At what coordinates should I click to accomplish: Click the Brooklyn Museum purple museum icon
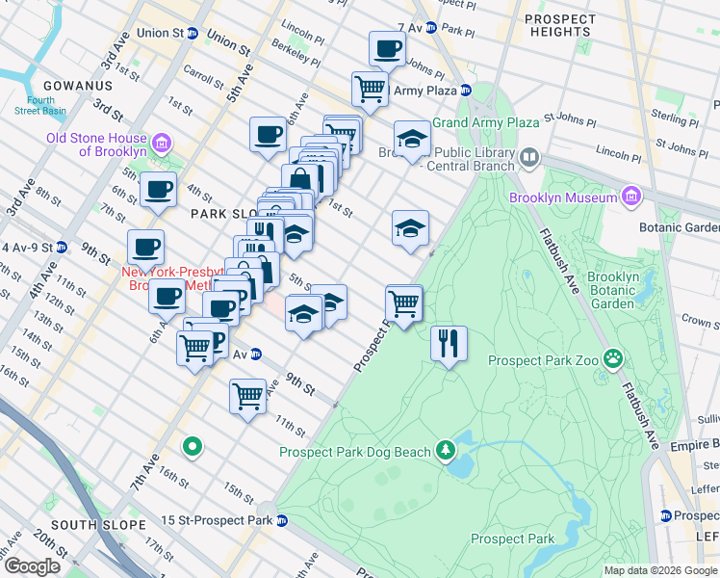(630, 197)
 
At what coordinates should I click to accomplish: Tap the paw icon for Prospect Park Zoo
(613, 360)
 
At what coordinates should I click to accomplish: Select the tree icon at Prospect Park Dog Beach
(446, 451)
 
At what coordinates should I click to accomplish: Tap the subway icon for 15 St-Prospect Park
(282, 521)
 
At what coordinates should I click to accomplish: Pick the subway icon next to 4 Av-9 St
(62, 247)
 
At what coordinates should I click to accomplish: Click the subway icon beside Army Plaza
(466, 91)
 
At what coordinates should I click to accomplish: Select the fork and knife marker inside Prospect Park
(448, 344)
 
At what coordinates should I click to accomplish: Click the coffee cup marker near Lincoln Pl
(388, 48)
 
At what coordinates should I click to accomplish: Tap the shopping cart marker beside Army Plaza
(370, 89)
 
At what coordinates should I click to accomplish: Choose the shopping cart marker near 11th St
(247, 395)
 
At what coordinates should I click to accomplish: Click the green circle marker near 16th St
(193, 446)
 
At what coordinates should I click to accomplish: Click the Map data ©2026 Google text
(660, 570)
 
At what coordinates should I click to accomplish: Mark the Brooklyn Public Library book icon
(528, 157)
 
